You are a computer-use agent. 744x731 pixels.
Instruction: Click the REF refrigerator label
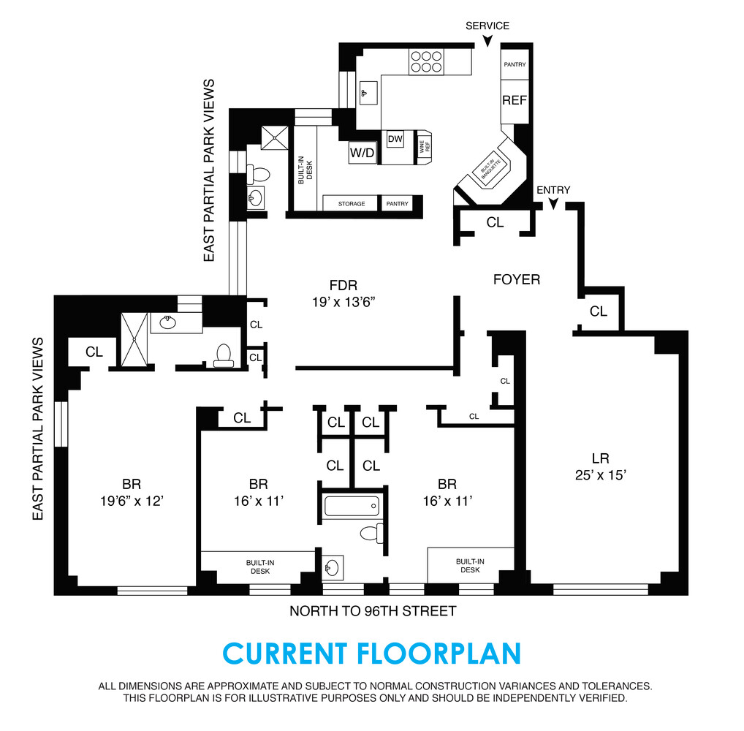coord(515,100)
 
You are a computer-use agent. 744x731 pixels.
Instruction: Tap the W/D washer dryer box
coord(362,153)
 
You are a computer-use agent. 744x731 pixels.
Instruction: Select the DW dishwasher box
coord(395,139)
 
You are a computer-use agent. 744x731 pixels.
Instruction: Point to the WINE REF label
coord(422,145)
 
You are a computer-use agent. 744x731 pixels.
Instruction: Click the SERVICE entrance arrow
coord(487,42)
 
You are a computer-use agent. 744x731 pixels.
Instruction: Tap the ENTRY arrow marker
coord(553,205)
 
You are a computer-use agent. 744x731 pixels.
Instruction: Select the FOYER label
coord(517,279)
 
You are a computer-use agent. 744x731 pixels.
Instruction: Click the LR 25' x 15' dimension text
coord(600,474)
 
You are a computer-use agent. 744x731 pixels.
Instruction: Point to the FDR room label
coord(343,286)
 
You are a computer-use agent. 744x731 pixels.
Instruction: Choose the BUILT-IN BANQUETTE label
coord(490,171)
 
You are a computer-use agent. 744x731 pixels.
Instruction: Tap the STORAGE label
coord(352,204)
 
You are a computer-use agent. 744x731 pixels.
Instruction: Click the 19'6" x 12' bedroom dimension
coord(132,501)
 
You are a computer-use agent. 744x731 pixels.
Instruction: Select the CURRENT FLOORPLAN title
coord(371,653)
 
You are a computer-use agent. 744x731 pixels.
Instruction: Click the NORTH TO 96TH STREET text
coord(373,611)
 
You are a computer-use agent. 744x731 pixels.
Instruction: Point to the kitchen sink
coord(368,93)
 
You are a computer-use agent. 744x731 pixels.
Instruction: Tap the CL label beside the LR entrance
coord(599,311)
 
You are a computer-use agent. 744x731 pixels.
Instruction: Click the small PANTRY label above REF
coord(515,65)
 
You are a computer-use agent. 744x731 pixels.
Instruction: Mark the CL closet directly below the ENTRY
coord(495,223)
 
